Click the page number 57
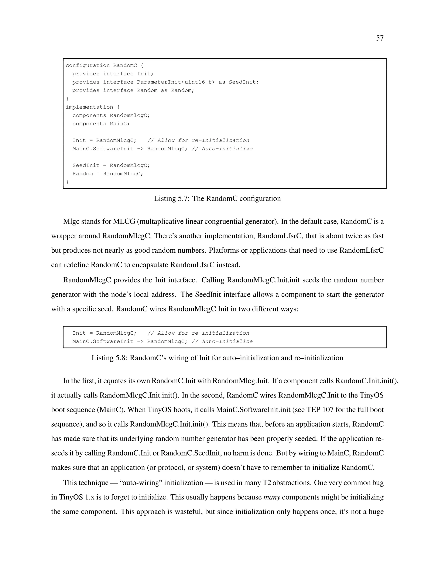[380, 38]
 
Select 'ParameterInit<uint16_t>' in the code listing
[176, 82]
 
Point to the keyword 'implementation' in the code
[89, 107]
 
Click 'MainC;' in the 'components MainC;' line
[120, 124]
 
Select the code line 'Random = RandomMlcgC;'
[108, 174]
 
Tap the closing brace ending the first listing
[68, 182]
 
